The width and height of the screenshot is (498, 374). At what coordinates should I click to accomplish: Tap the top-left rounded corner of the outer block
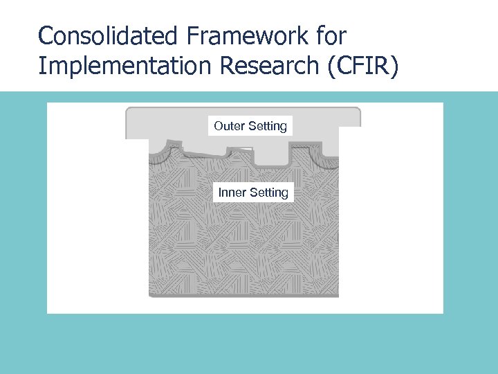click(x=129, y=112)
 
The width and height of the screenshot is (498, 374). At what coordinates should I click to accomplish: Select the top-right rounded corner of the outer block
click(x=357, y=112)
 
